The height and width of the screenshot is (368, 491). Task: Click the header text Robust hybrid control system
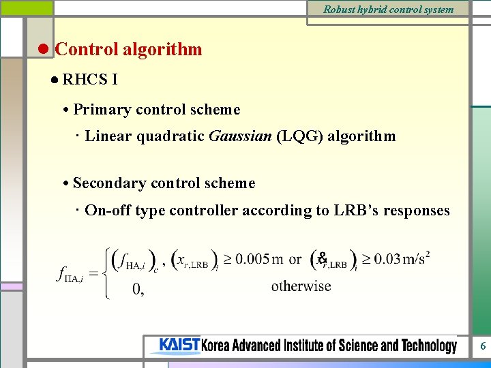(x=388, y=10)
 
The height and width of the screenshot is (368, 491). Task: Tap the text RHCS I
(x=89, y=80)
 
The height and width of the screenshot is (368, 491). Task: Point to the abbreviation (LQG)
(x=300, y=136)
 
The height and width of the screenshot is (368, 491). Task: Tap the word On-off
(x=108, y=211)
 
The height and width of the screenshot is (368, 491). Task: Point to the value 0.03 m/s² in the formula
(x=401, y=260)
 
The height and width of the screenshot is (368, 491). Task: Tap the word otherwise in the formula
(x=301, y=286)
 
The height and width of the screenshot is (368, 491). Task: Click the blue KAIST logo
(x=179, y=346)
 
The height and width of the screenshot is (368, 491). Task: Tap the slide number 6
(x=483, y=346)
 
